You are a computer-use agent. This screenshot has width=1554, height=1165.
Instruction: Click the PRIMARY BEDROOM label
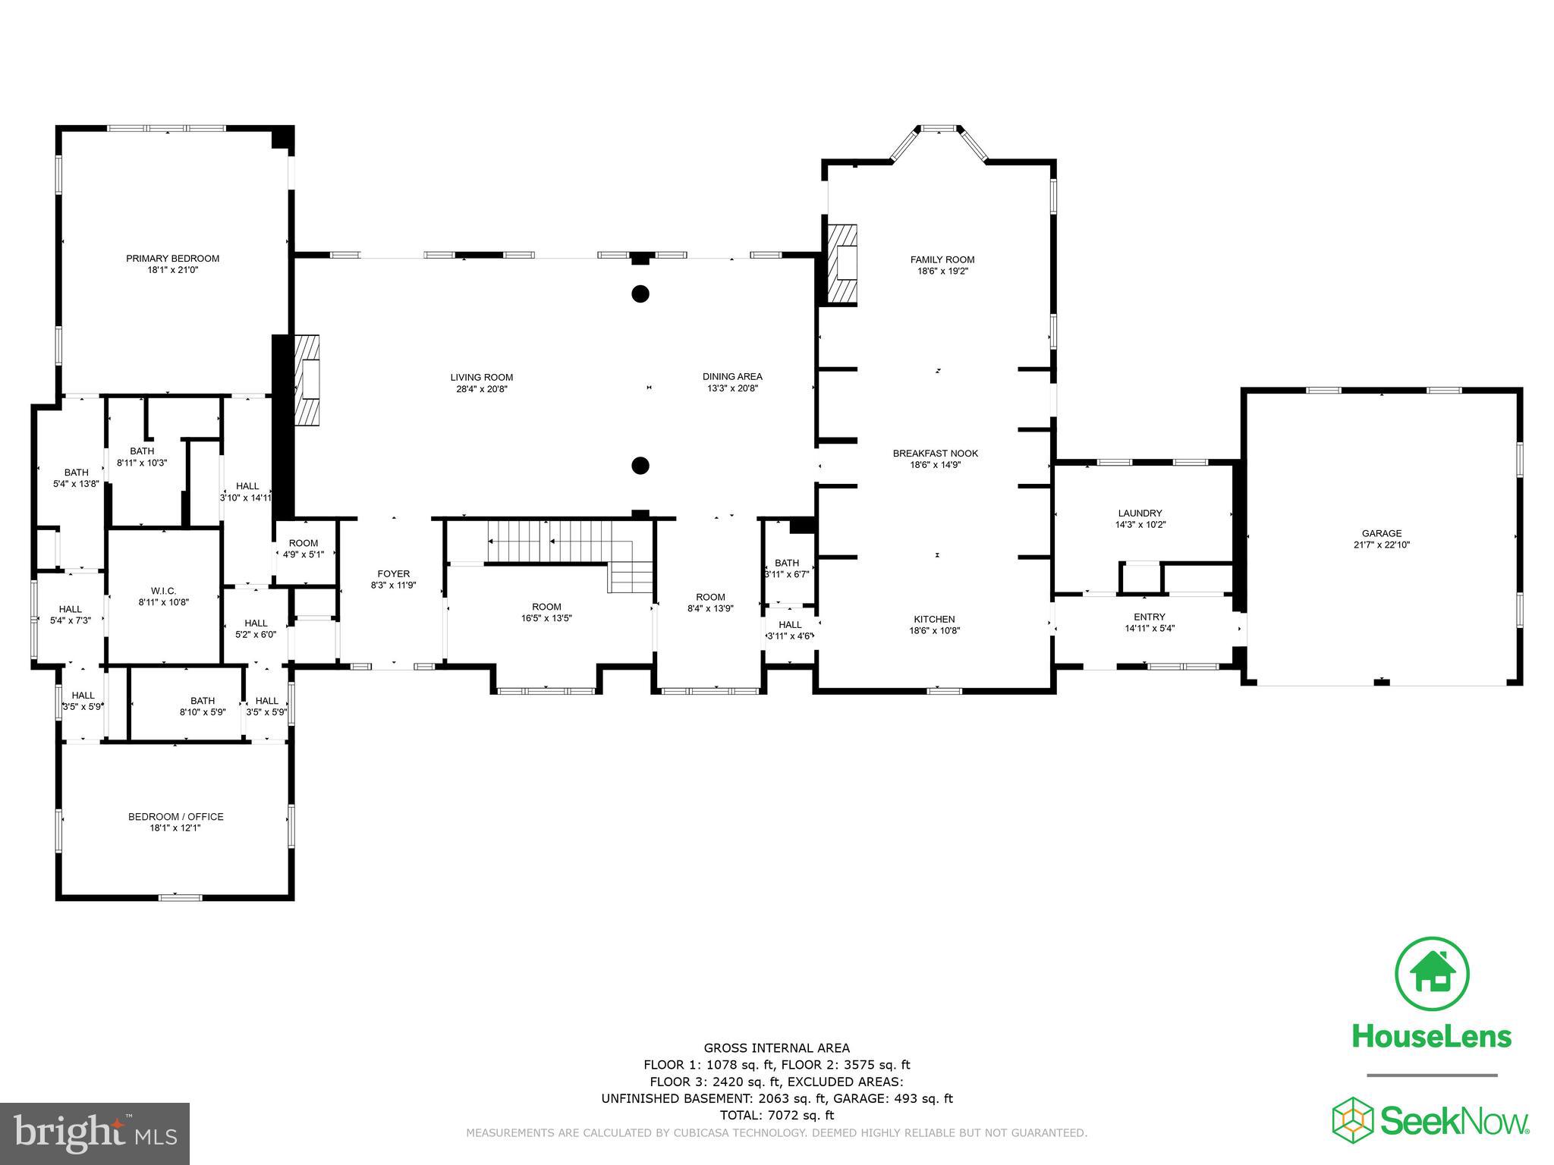[172, 259]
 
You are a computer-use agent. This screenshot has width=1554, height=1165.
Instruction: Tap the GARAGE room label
[1382, 533]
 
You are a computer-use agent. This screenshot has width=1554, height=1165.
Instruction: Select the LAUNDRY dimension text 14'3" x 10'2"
[1140, 525]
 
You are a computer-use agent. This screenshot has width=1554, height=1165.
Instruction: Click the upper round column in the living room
[640, 294]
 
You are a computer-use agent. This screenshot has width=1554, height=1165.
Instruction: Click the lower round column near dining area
[640, 466]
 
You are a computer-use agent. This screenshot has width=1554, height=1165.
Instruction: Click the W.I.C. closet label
[163, 591]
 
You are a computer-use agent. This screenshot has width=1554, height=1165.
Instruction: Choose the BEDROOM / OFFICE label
[175, 817]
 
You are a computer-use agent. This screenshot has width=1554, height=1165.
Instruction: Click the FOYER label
[393, 574]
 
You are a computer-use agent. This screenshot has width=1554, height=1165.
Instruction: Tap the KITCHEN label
[934, 620]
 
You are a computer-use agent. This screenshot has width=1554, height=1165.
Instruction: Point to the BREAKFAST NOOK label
[935, 454]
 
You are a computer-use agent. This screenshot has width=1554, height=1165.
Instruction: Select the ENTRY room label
[1149, 617]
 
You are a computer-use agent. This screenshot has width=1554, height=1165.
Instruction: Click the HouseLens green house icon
[1432, 974]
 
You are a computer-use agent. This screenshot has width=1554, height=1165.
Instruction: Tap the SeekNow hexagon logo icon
[1354, 1119]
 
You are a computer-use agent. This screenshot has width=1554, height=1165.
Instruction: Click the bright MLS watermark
[95, 1133]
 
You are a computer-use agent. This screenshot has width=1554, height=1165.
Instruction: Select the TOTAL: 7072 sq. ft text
[776, 1115]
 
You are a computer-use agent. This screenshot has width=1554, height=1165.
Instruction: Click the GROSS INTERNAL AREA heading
[776, 1048]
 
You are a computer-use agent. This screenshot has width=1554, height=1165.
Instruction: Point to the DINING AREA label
[732, 377]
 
